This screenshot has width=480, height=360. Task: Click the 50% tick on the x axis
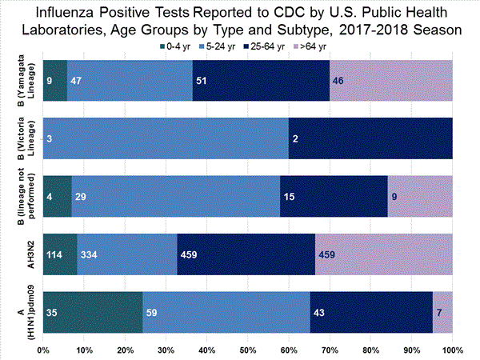click(x=247, y=350)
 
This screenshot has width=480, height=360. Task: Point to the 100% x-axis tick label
click(x=452, y=350)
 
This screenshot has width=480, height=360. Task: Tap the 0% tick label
click(x=43, y=350)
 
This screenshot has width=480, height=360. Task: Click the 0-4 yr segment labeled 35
click(x=91, y=312)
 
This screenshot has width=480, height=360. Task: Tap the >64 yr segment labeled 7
click(x=442, y=312)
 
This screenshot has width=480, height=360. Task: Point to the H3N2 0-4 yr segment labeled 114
click(x=59, y=254)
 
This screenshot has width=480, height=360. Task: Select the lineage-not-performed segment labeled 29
click(x=175, y=196)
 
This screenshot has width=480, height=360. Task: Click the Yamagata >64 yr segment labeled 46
click(x=390, y=80)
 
